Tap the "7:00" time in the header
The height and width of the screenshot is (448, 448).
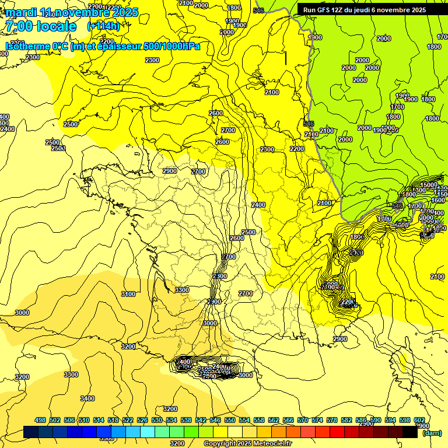click(x=19, y=26)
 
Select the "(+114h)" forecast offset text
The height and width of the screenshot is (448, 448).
click(x=103, y=26)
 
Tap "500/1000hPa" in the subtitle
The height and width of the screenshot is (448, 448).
click(x=171, y=46)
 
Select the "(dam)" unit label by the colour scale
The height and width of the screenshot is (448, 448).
click(x=432, y=433)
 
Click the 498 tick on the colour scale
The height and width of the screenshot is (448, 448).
click(x=40, y=420)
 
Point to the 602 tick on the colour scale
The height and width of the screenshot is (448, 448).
click(x=419, y=420)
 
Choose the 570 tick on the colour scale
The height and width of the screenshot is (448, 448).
click(x=303, y=420)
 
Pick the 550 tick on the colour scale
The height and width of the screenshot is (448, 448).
click(x=230, y=420)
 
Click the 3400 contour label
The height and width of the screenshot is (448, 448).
click(x=87, y=399)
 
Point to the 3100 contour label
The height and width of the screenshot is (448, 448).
click(x=128, y=295)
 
